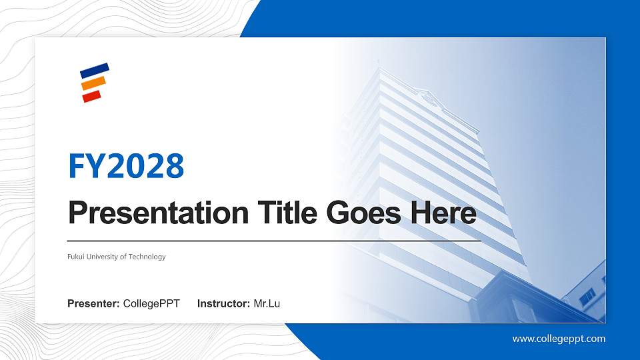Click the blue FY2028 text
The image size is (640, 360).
click(x=126, y=166)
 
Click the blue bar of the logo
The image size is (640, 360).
click(x=94, y=69)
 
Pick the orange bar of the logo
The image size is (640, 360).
click(x=93, y=83)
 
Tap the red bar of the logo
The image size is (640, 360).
click(x=91, y=96)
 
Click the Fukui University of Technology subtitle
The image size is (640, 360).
click(x=117, y=257)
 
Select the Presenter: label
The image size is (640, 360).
click(x=93, y=304)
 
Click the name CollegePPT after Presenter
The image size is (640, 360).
click(x=151, y=304)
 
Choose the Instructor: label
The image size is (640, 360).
click(x=224, y=304)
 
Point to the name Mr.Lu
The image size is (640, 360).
click(x=267, y=304)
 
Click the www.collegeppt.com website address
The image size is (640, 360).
click(x=559, y=339)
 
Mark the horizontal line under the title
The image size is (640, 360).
click(x=274, y=240)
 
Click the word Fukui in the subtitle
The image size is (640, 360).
click(x=76, y=257)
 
